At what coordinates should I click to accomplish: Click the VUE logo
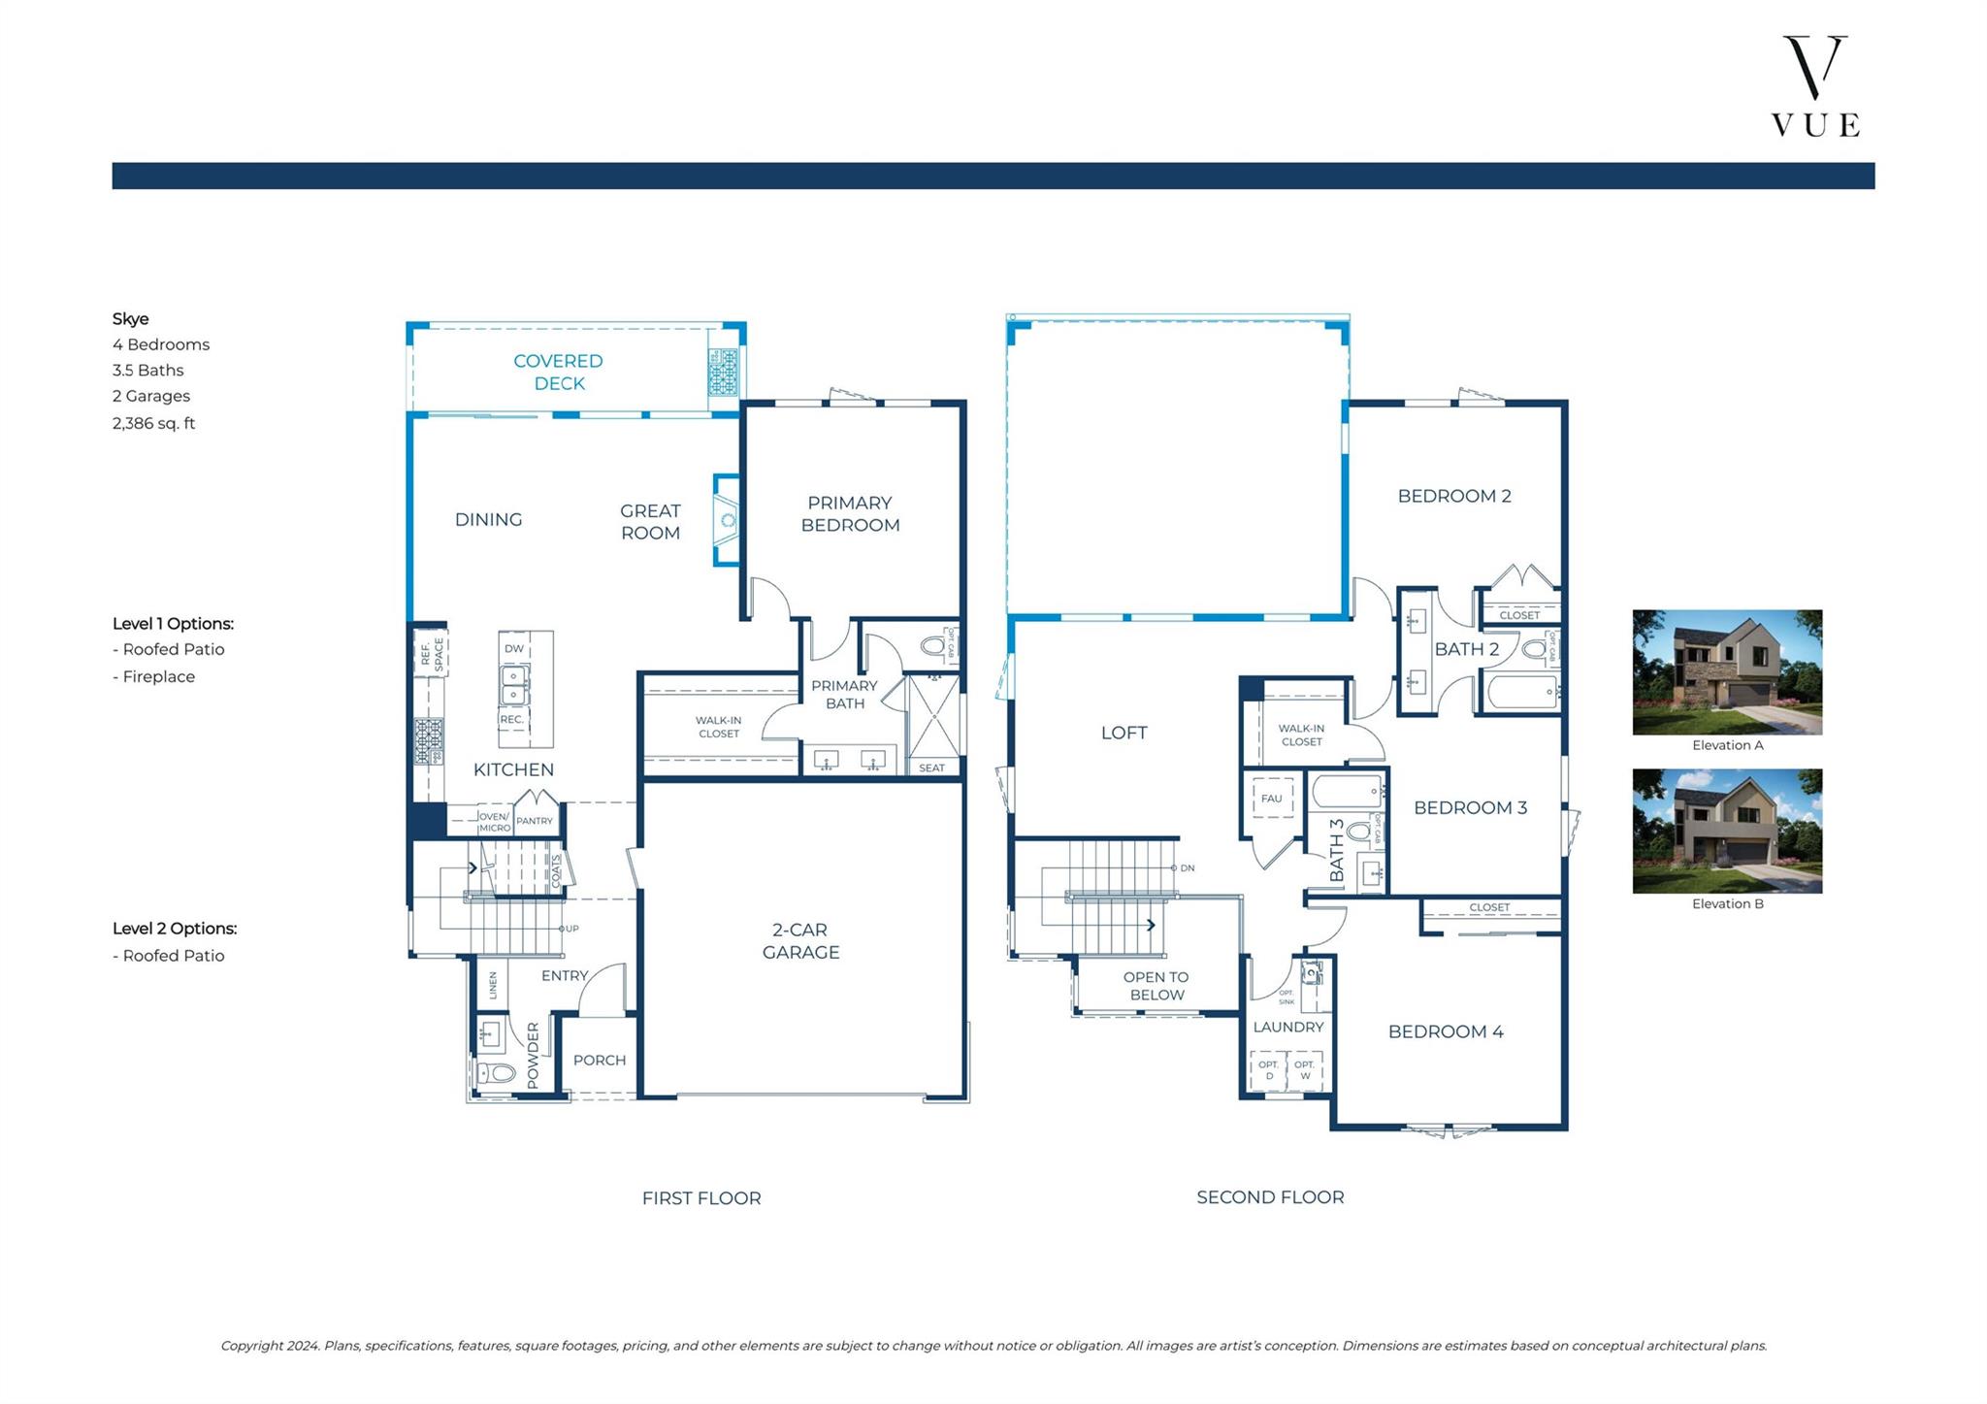tap(1814, 87)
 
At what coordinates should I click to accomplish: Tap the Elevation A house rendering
tap(1727, 671)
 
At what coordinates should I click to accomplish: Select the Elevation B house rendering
tap(1727, 831)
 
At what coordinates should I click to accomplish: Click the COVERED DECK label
tap(559, 372)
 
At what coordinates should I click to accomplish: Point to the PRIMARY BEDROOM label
tap(850, 513)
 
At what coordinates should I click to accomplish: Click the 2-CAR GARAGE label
tap(800, 940)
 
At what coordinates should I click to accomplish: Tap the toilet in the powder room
tap(497, 1073)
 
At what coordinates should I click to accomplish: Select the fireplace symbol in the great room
tap(727, 520)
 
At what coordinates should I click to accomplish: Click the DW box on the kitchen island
tap(514, 648)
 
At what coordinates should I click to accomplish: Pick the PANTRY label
tap(535, 821)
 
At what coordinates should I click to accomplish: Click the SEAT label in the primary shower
tap(931, 767)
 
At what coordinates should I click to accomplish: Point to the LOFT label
tap(1124, 733)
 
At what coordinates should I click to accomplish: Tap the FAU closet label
tap(1271, 799)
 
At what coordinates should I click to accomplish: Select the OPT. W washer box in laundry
tap(1305, 1070)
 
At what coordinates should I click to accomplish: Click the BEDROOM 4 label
tap(1446, 1031)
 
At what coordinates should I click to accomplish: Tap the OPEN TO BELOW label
tap(1156, 986)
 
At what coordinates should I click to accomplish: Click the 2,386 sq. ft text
tap(153, 423)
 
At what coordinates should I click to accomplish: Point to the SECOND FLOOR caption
tap(1270, 1197)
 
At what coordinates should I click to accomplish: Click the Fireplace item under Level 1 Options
tap(158, 676)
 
